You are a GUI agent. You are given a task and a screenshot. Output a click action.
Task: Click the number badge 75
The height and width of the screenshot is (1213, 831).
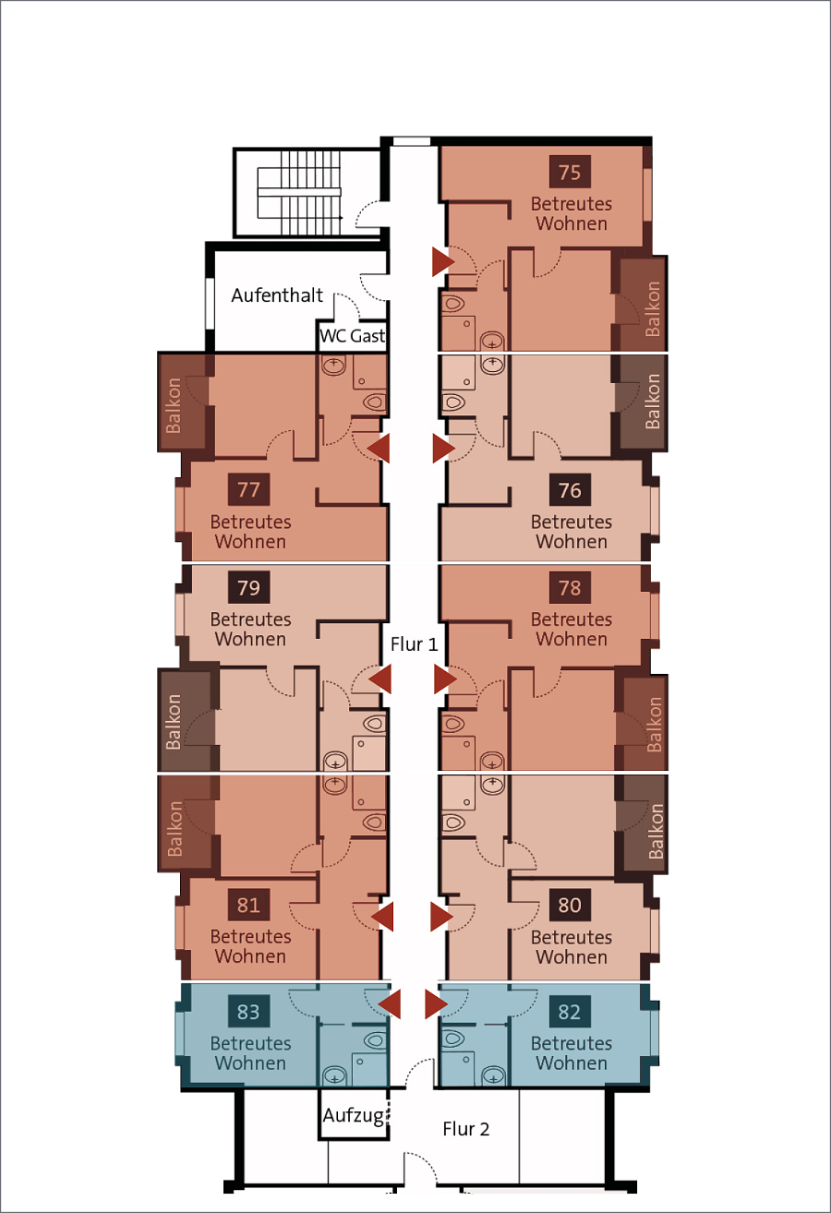[x=570, y=172]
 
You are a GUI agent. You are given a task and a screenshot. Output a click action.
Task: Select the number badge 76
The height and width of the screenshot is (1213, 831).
[x=570, y=489]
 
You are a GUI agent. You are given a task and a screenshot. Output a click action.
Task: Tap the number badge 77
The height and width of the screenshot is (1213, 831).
[x=249, y=489]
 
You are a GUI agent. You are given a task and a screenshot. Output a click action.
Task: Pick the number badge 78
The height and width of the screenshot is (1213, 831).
[x=570, y=587]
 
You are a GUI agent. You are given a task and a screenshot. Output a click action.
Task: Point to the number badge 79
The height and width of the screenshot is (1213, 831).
[x=249, y=587]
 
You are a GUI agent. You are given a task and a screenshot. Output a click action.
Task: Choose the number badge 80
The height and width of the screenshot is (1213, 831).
[x=570, y=905]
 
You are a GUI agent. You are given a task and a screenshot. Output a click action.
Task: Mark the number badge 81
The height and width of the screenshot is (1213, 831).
[x=249, y=905]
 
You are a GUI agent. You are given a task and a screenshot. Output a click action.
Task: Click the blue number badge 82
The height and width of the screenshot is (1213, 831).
[x=570, y=1011]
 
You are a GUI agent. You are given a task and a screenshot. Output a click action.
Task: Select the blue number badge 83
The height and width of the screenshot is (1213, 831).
[x=249, y=1011]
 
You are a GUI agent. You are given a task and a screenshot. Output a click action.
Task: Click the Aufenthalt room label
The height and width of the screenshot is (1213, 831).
[x=277, y=295]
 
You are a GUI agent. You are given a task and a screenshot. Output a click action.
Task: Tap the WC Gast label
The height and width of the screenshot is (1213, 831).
[x=352, y=336]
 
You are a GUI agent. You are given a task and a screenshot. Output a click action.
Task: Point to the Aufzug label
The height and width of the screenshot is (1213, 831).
[x=354, y=1115]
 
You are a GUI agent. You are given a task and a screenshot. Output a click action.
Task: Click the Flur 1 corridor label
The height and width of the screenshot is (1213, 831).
[x=414, y=644]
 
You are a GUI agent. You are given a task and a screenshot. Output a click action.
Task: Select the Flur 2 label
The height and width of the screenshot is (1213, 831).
[x=466, y=1129]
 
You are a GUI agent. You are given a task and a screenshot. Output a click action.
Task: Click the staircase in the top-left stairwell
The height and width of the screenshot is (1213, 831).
[x=299, y=193]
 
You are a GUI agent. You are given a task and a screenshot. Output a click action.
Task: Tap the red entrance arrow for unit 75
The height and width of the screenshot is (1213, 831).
[x=443, y=261]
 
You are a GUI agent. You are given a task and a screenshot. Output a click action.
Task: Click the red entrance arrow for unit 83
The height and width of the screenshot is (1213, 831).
[x=390, y=1004]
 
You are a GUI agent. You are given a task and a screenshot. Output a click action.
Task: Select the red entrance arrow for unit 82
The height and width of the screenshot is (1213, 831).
[x=436, y=1004]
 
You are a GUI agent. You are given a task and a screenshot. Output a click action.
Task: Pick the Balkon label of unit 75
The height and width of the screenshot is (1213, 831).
[x=652, y=308]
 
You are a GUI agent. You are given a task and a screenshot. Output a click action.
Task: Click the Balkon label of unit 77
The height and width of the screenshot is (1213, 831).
[x=174, y=405]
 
